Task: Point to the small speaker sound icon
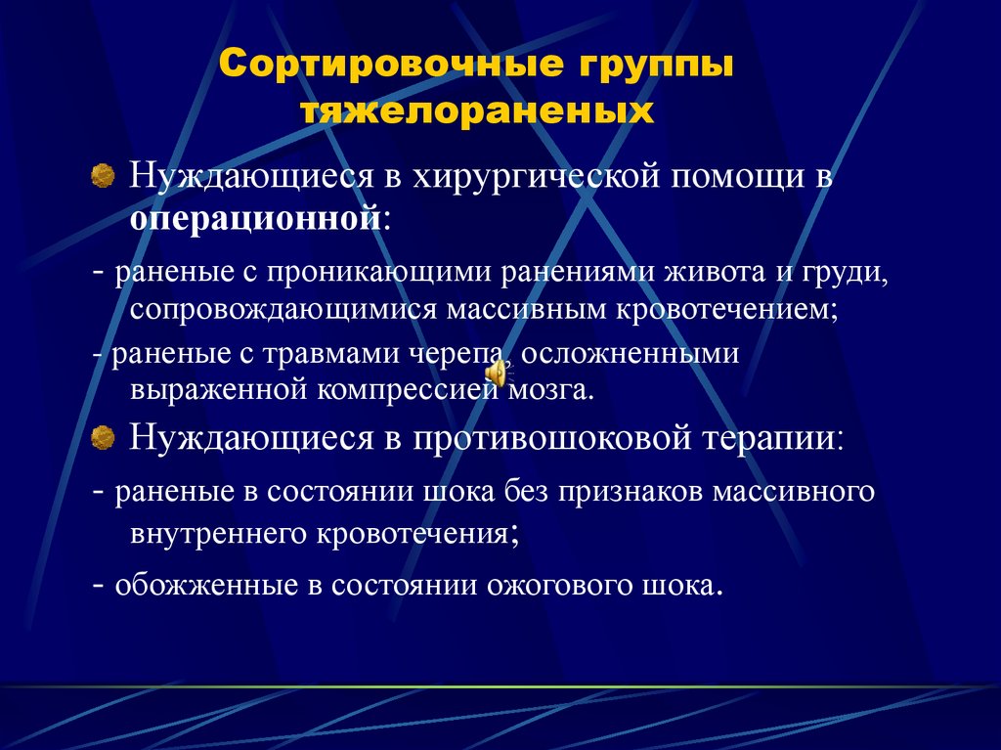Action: click(x=498, y=374)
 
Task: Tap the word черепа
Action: click(x=457, y=353)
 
